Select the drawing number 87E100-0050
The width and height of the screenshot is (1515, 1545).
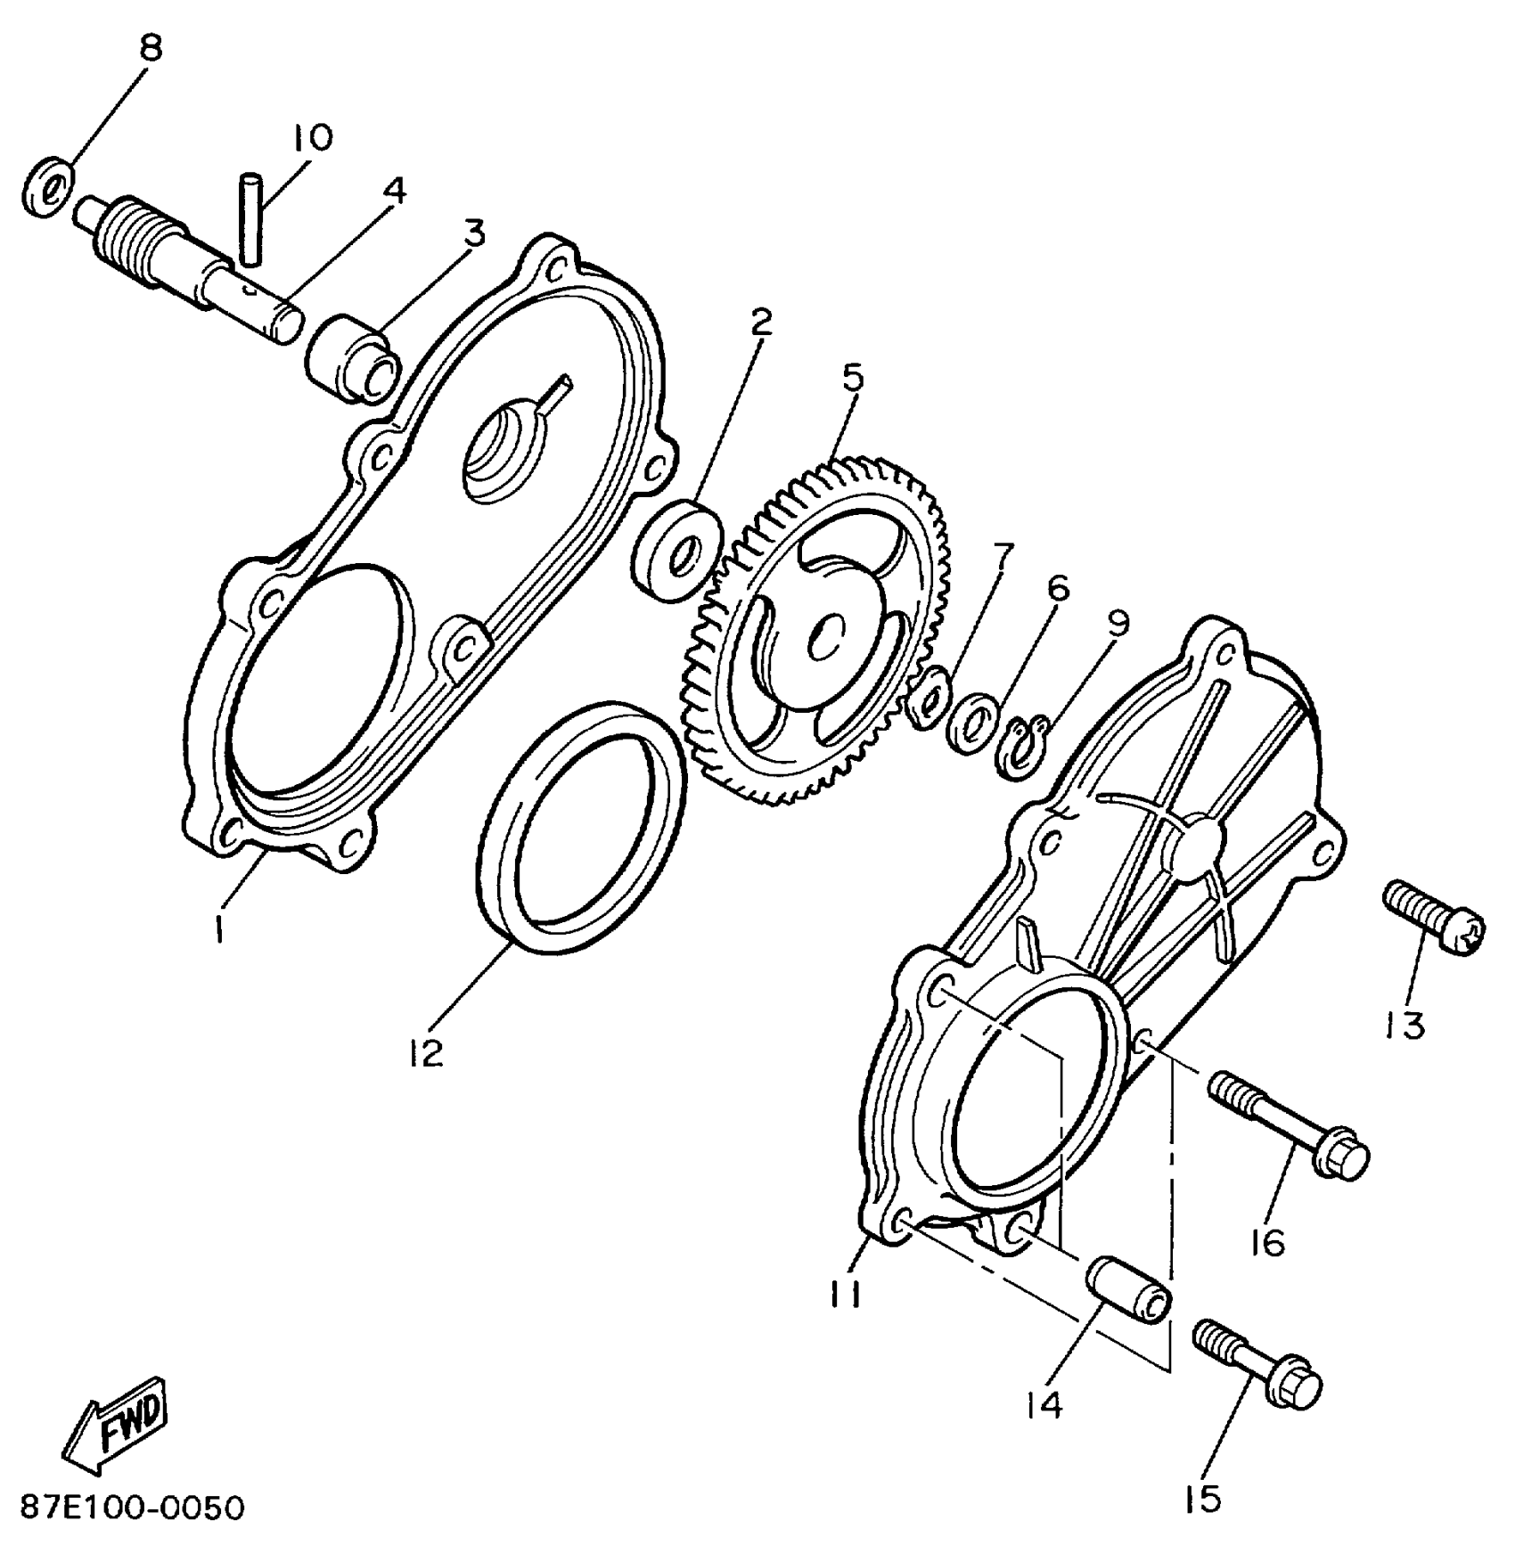click(x=132, y=1508)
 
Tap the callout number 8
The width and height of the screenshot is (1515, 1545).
click(x=152, y=49)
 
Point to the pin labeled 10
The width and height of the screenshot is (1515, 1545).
click(x=250, y=218)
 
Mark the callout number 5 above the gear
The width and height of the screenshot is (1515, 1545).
click(x=853, y=378)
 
